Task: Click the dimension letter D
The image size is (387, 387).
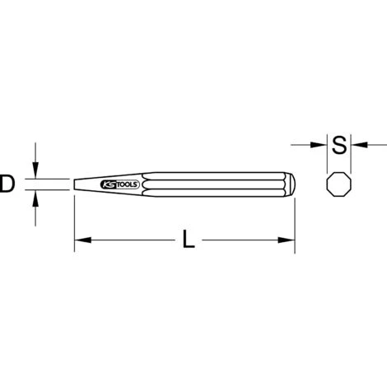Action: pyautogui.click(x=7, y=184)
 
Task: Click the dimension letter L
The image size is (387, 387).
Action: pyautogui.click(x=189, y=240)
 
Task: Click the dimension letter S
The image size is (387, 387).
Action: pyautogui.click(x=339, y=144)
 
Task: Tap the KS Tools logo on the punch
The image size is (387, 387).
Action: pyautogui.click(x=120, y=184)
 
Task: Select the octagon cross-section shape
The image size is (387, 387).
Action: pyautogui.click(x=339, y=184)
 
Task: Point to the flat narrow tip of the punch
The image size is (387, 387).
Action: pyautogui.click(x=75, y=184)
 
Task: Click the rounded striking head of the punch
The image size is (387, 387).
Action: pyautogui.click(x=290, y=184)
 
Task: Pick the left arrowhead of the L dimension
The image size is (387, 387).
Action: pyautogui.click(x=82, y=240)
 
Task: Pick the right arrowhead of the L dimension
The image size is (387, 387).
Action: pyautogui.click(x=287, y=240)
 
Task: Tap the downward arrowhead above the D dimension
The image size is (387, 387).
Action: pyautogui.click(x=35, y=170)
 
